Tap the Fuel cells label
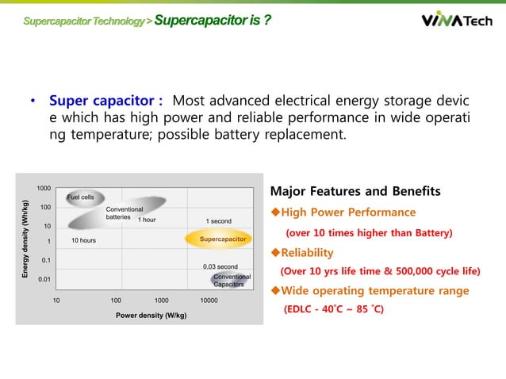(80, 197)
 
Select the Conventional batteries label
(124, 212)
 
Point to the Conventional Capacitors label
(232, 280)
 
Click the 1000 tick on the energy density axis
(44, 188)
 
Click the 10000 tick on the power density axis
(209, 301)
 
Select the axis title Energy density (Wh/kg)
(26, 239)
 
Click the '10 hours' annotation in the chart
(84, 239)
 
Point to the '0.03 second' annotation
(220, 266)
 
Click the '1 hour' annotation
(146, 220)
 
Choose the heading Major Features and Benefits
(355, 191)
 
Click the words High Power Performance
(349, 212)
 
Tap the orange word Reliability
(308, 252)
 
